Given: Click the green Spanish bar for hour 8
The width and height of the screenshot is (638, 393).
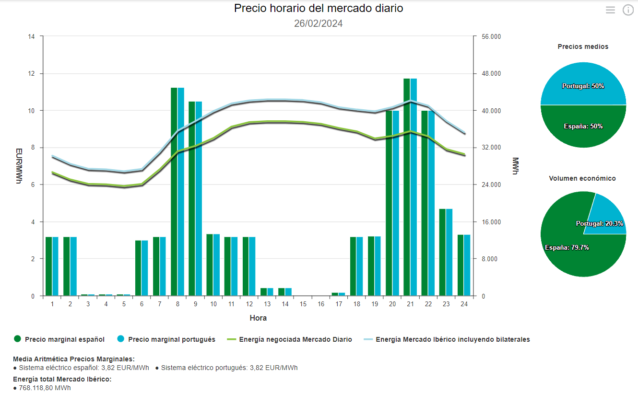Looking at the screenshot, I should pyautogui.click(x=174, y=192).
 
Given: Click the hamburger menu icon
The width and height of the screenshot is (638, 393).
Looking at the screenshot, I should pyautogui.click(x=610, y=10).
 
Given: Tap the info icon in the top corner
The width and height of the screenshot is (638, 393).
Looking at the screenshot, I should pyautogui.click(x=628, y=10).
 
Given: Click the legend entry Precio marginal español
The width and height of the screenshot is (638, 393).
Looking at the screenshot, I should pyautogui.click(x=64, y=339).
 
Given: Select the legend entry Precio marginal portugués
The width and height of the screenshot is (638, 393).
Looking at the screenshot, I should pyautogui.click(x=171, y=339).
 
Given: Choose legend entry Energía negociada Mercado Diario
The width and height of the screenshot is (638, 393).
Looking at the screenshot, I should pyautogui.click(x=295, y=339).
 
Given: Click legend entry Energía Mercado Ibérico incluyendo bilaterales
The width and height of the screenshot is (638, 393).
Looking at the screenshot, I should pyautogui.click(x=452, y=339).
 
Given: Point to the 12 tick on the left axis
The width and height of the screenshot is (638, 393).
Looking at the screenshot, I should pyautogui.click(x=32, y=74).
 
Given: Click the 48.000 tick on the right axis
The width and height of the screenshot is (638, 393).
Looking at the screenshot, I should pyautogui.click(x=491, y=74).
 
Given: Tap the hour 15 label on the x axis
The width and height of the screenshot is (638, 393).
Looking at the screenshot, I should pyautogui.click(x=303, y=304).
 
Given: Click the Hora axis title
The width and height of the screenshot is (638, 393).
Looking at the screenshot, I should pyautogui.click(x=258, y=318).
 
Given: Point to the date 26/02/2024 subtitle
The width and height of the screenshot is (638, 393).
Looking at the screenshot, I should pyautogui.click(x=319, y=23).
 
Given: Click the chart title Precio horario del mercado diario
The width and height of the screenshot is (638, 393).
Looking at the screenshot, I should pyautogui.click(x=319, y=8).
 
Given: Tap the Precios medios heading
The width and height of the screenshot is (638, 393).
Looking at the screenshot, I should pyautogui.click(x=583, y=46).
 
